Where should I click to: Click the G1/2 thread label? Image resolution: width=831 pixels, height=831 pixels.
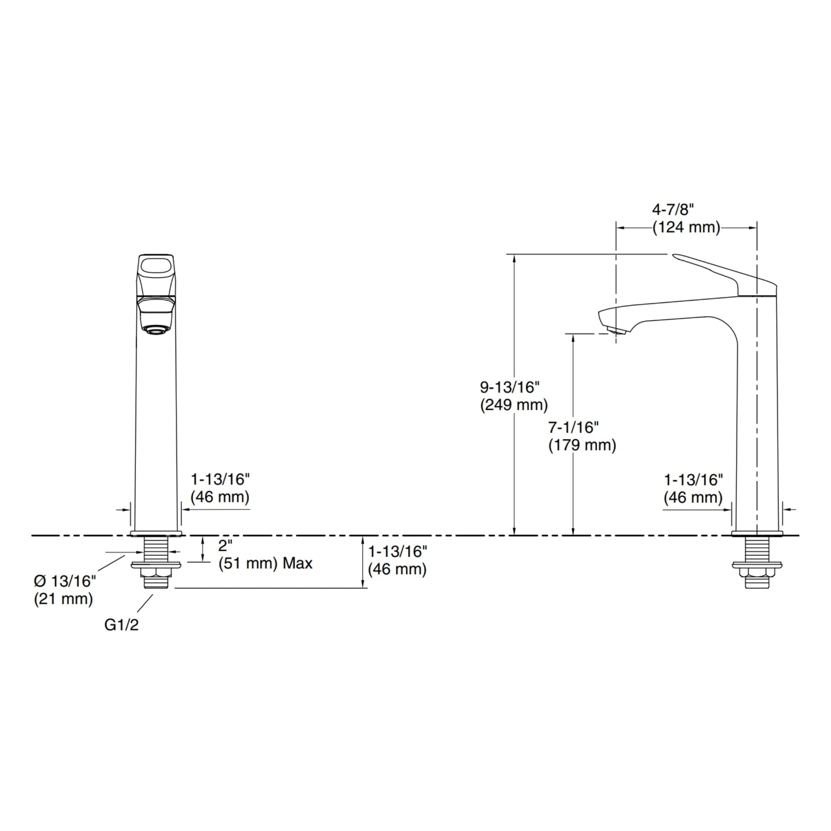[121, 625]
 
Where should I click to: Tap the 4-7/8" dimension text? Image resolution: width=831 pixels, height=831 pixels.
[673, 210]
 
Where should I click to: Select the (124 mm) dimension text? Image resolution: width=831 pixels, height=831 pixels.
[687, 228]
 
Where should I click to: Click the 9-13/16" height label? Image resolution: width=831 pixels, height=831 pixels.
[510, 388]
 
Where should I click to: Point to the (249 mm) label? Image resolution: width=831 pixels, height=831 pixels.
[514, 405]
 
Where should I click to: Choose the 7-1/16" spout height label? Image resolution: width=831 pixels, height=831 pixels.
[574, 427]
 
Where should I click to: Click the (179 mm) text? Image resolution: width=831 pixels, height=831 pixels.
[582, 445]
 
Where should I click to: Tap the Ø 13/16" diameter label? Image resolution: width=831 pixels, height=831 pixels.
[65, 581]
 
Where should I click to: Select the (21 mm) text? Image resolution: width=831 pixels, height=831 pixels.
[64, 599]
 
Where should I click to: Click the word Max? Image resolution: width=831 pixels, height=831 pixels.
[298, 563]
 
